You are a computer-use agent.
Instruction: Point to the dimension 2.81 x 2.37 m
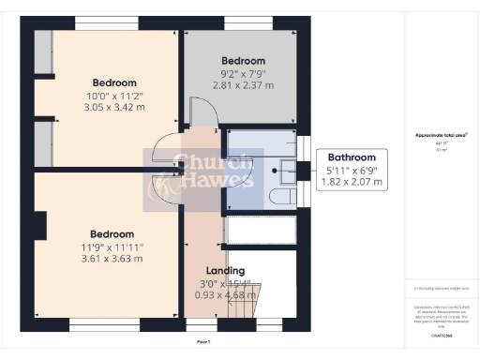[243, 82]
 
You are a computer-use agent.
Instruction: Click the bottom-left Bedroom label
[112, 233]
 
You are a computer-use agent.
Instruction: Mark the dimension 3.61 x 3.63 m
[112, 259]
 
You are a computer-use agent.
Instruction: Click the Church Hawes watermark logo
[199, 179]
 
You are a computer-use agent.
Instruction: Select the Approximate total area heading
[442, 134]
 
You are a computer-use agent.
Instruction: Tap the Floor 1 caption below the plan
[203, 342]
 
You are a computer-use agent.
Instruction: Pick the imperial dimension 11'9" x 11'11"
[112, 246]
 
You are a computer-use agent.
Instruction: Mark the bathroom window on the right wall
[302, 150]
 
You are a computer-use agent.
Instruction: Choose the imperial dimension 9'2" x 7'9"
[243, 72]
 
